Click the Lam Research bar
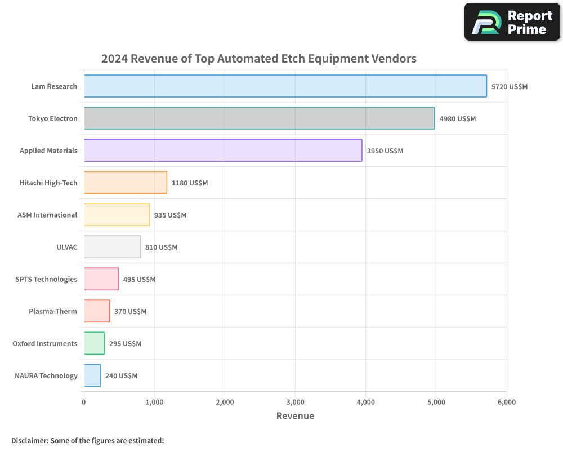click(285, 86)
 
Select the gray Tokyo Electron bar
click(259, 118)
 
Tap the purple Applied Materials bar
click(223, 151)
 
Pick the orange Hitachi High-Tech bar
click(126, 183)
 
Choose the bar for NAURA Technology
click(92, 375)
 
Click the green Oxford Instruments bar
click(94, 343)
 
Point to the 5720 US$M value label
click(510, 87)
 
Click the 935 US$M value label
click(170, 215)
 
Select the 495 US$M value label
click(139, 280)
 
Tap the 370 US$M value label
click(130, 312)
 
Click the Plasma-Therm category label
click(53, 311)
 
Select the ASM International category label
click(47, 215)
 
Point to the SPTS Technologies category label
click(46, 279)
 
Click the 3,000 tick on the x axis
click(295, 402)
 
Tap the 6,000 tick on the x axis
click(506, 402)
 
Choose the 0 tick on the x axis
click(84, 402)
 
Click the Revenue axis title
click(295, 416)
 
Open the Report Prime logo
click(512, 22)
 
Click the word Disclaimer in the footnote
click(29, 440)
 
